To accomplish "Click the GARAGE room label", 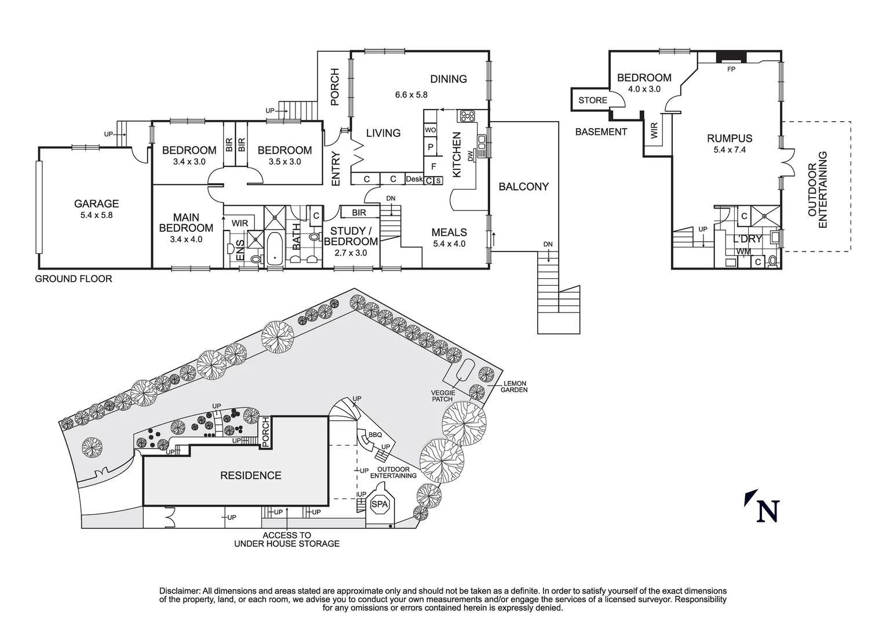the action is (x=96, y=203).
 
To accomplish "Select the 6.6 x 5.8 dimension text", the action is (x=411, y=94).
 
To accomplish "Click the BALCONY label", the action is (x=523, y=186).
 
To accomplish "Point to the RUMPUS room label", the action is (x=730, y=139).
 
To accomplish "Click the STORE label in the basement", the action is (x=593, y=100).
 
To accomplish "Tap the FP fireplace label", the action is (x=731, y=69).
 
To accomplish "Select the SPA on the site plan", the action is (x=380, y=504).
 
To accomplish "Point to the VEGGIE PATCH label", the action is (x=443, y=395).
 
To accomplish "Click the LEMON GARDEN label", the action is (x=515, y=387).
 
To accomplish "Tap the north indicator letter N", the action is (x=768, y=511).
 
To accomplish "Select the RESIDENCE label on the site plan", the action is (x=250, y=475).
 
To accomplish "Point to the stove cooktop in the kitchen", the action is (x=467, y=116).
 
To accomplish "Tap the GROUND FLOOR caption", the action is (x=74, y=279).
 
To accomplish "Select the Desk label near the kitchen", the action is (x=414, y=179).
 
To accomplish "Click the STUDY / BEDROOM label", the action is (x=351, y=236).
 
